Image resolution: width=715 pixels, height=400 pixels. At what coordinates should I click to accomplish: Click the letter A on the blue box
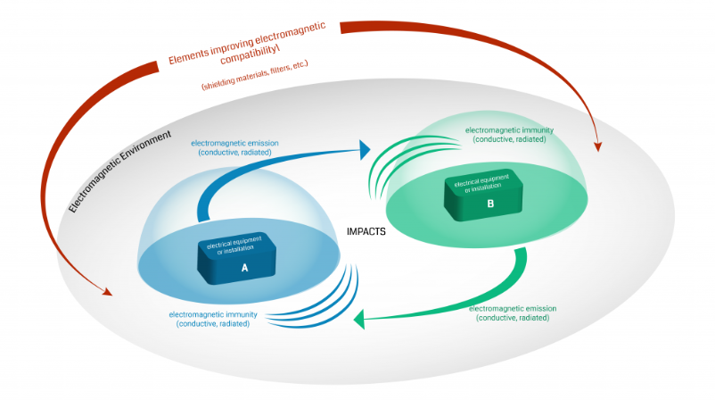click(x=244, y=266)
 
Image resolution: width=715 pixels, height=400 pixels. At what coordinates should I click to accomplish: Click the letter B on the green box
click(x=489, y=203)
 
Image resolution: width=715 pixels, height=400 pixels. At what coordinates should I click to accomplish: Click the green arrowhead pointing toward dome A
click(x=359, y=320)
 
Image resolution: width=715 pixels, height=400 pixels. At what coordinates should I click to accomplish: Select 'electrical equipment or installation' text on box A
click(x=235, y=247)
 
